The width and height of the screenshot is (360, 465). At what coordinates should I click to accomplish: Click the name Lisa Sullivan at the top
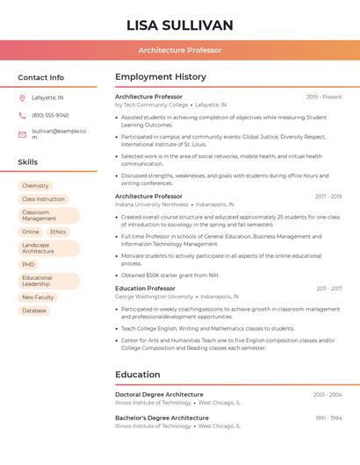(x=180, y=25)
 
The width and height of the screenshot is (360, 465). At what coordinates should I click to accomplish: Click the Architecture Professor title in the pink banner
(x=180, y=50)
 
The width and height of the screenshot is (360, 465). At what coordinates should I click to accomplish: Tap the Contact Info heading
(x=41, y=77)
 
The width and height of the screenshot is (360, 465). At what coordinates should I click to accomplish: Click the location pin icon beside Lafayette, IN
(x=22, y=97)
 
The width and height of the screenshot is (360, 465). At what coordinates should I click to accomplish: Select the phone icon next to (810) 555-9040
(x=22, y=115)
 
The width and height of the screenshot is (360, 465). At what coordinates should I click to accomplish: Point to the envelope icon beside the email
(x=22, y=134)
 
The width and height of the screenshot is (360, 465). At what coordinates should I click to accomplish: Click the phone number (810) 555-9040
(x=50, y=115)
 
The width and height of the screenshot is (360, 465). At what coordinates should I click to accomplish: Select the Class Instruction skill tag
(x=43, y=199)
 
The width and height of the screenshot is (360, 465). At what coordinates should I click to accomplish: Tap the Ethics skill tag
(x=58, y=232)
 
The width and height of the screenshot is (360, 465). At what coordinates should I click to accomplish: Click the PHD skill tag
(x=29, y=264)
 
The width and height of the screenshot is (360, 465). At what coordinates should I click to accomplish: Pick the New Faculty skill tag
(x=38, y=297)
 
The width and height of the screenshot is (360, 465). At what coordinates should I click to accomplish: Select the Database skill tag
(x=34, y=311)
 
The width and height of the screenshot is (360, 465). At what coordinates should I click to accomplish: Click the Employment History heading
(x=161, y=77)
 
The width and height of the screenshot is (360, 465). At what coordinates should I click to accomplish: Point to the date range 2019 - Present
(x=324, y=97)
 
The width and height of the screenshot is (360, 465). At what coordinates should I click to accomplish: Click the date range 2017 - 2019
(x=328, y=197)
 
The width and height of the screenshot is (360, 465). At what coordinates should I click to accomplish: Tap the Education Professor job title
(x=145, y=289)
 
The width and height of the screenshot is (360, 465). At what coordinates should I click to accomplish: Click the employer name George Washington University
(x=154, y=297)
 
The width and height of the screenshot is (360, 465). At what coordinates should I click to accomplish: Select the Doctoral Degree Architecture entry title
(x=159, y=395)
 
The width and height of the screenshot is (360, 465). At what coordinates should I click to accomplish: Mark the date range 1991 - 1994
(x=328, y=418)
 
